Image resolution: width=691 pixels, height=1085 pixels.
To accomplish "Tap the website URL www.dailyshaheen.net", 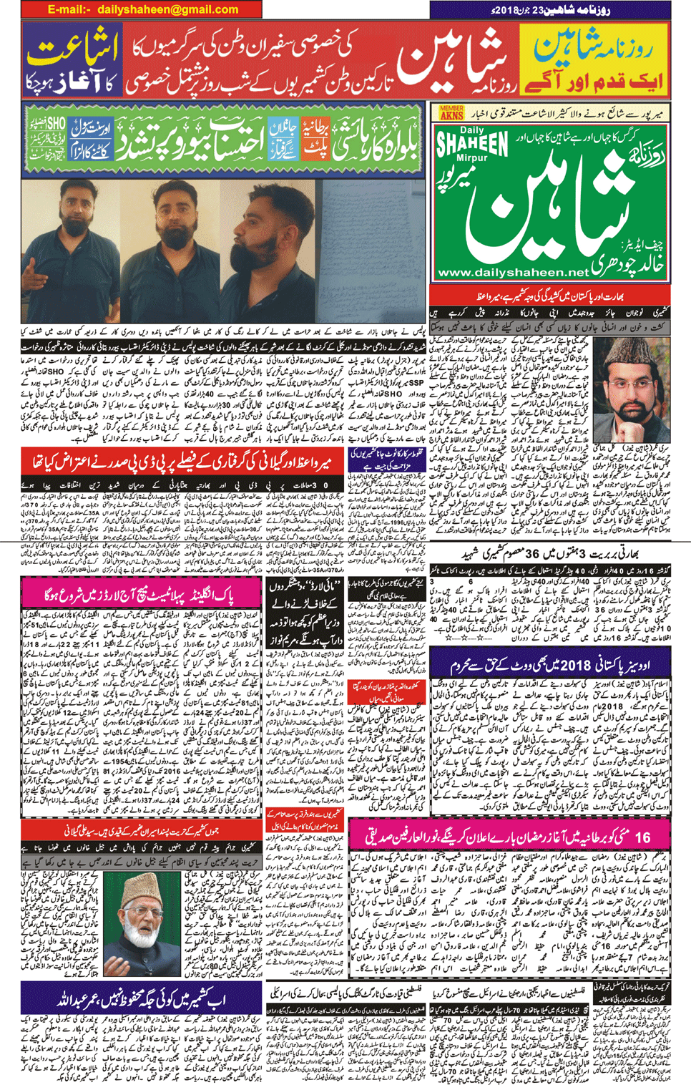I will [512, 272].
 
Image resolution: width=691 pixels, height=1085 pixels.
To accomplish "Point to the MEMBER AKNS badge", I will [451, 113].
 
